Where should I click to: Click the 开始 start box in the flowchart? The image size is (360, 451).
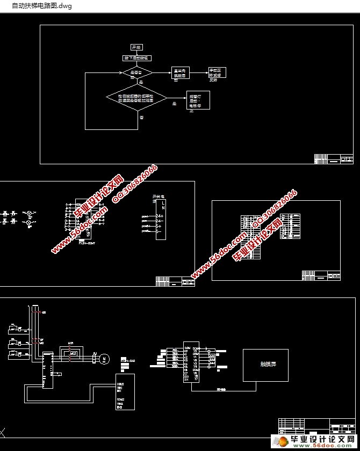[x=135, y=47]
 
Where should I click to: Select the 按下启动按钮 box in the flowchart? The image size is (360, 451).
[x=138, y=57]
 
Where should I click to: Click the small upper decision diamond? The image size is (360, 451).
[x=138, y=72]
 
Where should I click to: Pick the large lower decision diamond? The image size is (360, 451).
[x=137, y=98]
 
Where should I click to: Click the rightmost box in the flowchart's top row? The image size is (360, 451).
[x=218, y=73]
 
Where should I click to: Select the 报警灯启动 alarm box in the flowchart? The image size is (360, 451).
[x=197, y=100]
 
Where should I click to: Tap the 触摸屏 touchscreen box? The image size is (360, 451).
[x=265, y=365]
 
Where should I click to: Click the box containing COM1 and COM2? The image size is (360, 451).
[x=125, y=391]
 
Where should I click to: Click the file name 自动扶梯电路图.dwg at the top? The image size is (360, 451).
[x=38, y=6]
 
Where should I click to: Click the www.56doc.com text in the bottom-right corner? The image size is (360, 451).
[x=322, y=446]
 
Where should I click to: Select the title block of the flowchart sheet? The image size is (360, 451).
[x=334, y=159]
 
